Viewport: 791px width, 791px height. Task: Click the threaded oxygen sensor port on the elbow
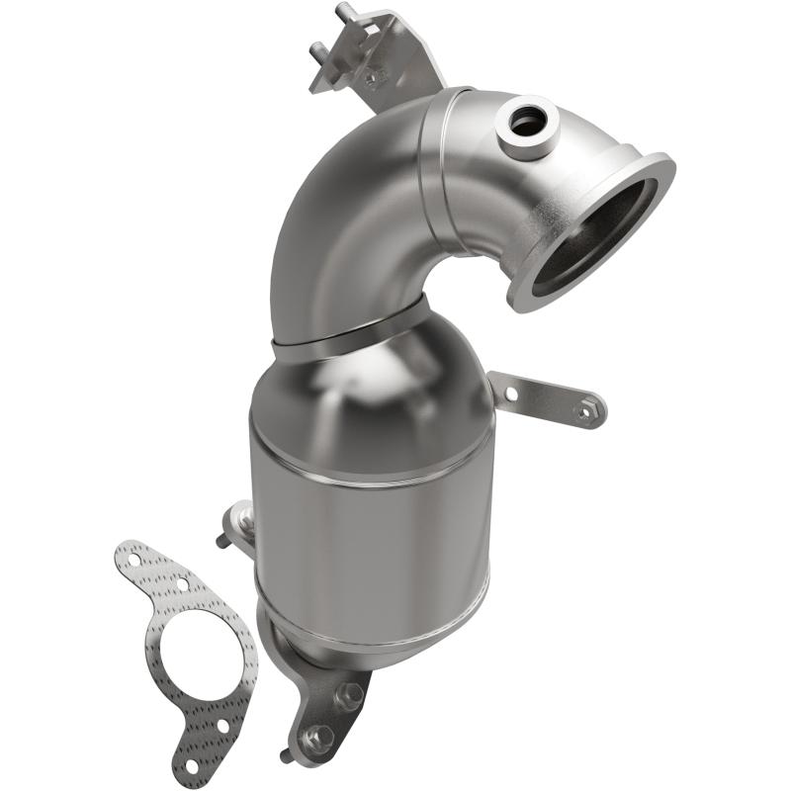[x=527, y=123]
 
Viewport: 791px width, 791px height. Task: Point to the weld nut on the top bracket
[x=374, y=76]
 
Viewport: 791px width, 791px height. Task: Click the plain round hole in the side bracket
[x=511, y=393]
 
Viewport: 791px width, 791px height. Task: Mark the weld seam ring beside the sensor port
[x=435, y=178]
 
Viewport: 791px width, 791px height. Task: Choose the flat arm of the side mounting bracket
[x=544, y=395]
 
